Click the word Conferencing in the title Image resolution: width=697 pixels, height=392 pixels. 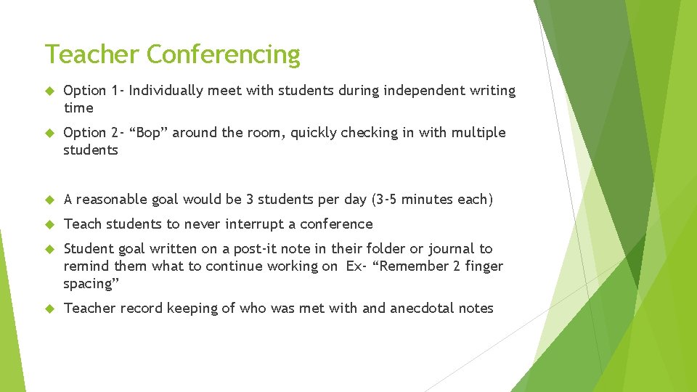click(x=223, y=55)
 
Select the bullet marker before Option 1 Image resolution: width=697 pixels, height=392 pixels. click(x=49, y=91)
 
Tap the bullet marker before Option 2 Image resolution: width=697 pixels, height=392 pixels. click(x=49, y=134)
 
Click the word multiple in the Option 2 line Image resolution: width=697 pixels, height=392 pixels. click(x=478, y=133)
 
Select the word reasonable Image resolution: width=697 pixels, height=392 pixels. click(x=112, y=200)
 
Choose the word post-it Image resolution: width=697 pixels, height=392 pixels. click(x=257, y=249)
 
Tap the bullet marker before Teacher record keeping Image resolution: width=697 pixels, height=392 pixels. click(x=49, y=309)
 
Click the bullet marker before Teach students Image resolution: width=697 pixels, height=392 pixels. click(x=49, y=225)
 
